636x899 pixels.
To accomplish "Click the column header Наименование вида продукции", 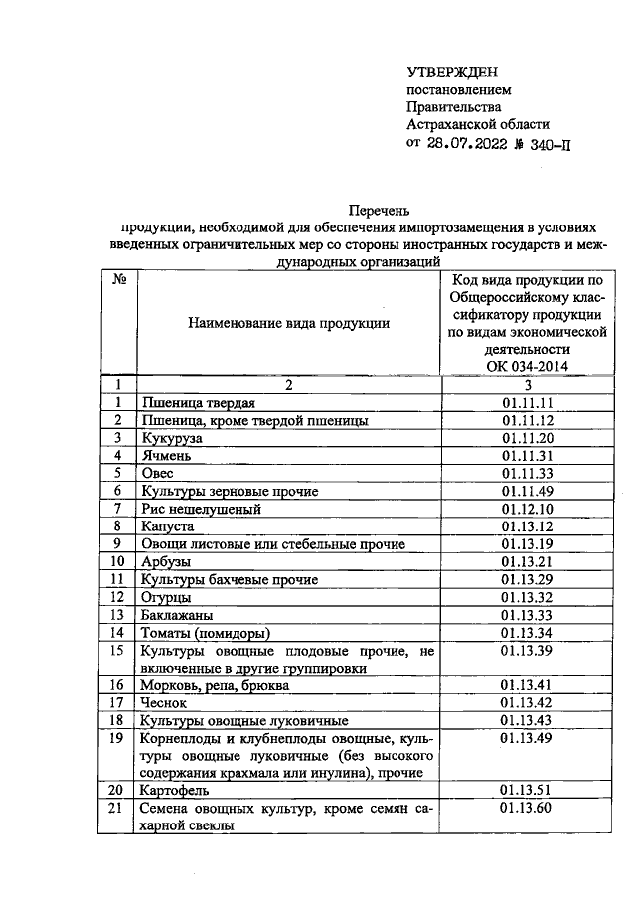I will click(288, 323).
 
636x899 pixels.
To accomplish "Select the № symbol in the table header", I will click(118, 281).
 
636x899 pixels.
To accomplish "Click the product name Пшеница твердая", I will click(199, 402).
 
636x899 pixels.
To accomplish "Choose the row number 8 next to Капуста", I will click(118, 526).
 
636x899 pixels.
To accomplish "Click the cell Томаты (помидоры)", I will click(206, 633).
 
